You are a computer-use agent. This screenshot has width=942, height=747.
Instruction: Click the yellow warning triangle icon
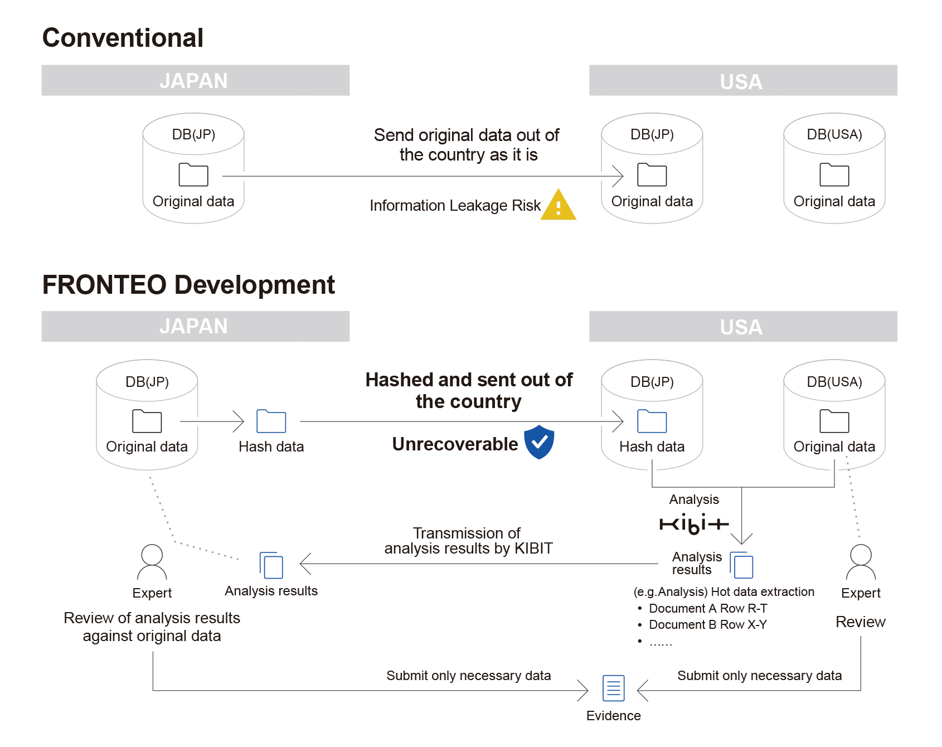point(558,205)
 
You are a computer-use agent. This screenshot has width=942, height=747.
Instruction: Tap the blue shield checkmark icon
point(539,442)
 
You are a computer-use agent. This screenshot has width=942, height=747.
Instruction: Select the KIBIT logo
point(694,524)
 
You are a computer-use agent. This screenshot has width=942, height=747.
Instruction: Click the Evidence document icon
point(613,688)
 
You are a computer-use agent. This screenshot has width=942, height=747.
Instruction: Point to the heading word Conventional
point(123,38)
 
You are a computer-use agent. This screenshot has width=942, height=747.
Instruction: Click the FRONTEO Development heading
point(188,285)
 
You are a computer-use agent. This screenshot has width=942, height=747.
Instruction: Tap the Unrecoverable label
point(455,444)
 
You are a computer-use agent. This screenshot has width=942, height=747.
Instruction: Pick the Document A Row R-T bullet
point(702,608)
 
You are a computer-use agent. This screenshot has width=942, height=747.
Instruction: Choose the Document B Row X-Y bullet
point(702,624)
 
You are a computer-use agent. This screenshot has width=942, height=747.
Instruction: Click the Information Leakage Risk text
point(455,206)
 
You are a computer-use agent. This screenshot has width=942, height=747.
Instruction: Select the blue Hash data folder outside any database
point(271,421)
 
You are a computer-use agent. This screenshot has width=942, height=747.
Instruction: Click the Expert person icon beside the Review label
point(861,562)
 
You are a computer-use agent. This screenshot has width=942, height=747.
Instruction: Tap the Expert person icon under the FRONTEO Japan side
point(152,562)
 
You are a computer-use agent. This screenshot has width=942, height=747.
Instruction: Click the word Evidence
point(613,716)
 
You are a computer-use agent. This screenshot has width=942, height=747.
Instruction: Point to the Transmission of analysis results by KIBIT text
point(468,541)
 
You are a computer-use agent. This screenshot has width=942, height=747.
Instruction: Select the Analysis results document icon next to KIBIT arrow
point(741,565)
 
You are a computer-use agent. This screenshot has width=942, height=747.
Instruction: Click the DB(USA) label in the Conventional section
point(834,134)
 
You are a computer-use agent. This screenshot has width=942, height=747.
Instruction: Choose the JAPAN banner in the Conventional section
point(196,80)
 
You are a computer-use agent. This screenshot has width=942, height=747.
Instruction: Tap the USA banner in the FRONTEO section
point(743,326)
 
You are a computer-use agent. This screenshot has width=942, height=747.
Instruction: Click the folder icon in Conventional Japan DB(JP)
point(193,174)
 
